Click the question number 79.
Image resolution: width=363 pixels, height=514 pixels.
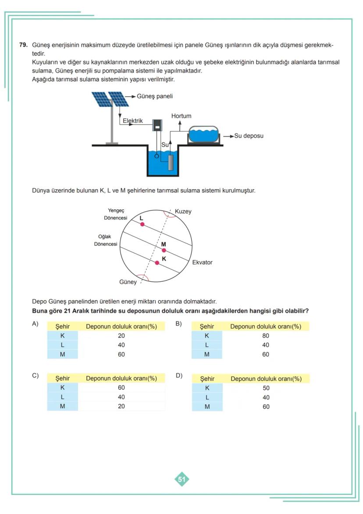23,45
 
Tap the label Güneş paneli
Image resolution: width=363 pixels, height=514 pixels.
155,96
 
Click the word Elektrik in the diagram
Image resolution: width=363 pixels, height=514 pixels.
132,121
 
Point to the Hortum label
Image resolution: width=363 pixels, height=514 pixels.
181,116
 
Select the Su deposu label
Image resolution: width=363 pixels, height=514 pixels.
249,136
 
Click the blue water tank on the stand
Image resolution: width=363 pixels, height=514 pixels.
203,134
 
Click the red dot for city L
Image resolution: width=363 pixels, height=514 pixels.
142,224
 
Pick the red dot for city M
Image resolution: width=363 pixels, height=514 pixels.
164,250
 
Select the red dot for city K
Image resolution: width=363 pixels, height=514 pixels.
157,262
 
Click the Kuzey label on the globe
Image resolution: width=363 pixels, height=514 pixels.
183,212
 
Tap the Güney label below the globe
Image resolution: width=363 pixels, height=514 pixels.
128,282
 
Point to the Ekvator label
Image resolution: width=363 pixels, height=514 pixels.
202,262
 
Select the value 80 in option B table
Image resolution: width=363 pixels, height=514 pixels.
266,336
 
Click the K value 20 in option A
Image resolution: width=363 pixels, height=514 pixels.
121,336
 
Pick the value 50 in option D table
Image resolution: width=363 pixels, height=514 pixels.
266,388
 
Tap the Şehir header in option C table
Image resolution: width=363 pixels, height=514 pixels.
62,378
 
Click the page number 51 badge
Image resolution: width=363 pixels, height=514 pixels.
181,479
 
